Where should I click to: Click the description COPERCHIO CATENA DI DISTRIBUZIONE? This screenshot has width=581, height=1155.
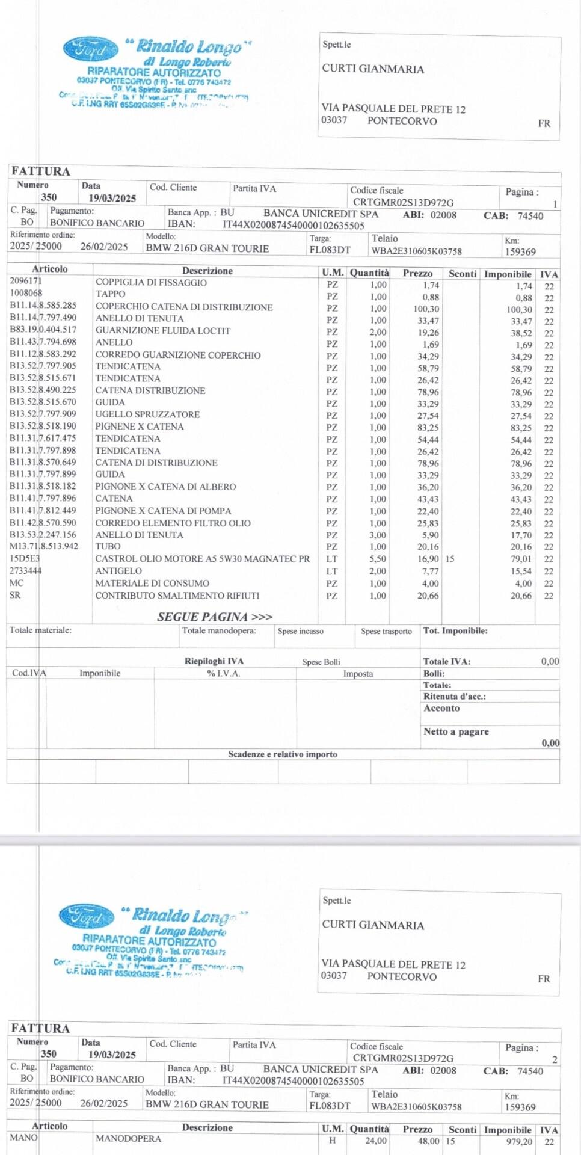tap(184, 307)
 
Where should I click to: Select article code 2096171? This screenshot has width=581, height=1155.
tap(26, 281)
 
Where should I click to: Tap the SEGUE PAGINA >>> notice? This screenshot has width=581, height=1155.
tap(215, 617)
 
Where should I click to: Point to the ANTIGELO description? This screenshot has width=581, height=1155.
tap(118, 571)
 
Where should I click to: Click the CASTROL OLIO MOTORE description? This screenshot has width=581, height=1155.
tap(203, 559)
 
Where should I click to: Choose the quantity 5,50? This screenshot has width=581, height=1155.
tap(378, 559)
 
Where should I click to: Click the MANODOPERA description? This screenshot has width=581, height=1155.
tap(128, 1138)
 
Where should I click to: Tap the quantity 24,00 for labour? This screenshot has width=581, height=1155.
tap(376, 1141)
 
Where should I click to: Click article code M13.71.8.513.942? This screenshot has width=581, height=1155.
tap(44, 546)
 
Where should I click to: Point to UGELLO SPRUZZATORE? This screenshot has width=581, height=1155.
tap(147, 414)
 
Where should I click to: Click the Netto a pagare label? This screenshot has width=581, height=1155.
tap(456, 731)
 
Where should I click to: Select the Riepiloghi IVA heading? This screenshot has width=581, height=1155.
tap(214, 661)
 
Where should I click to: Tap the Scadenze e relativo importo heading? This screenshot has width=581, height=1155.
tap(282, 754)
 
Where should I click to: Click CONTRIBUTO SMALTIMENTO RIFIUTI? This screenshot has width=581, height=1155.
tap(177, 595)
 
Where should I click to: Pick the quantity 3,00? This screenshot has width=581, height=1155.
tap(378, 535)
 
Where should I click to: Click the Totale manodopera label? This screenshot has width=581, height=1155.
tap(219, 630)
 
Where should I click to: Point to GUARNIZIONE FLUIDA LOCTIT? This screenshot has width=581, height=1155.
tap(162, 330)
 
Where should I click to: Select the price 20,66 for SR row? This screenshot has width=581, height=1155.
tap(428, 596)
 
